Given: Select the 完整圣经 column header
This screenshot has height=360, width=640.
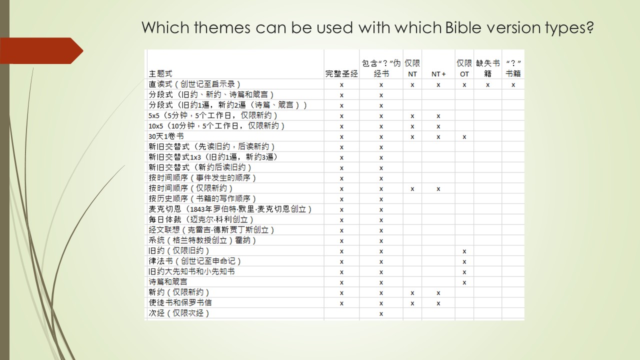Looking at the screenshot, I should (x=341, y=74).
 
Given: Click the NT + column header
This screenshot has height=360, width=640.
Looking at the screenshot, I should (x=438, y=74).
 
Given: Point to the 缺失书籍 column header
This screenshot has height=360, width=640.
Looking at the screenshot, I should (x=487, y=69).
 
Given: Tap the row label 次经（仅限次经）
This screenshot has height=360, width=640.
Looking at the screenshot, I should (x=178, y=313).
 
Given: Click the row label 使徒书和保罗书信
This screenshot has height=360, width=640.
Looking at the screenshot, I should (x=180, y=302).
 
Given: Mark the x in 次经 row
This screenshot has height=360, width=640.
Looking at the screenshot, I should (x=381, y=313).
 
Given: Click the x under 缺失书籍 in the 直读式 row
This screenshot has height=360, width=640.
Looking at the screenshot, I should (x=487, y=85).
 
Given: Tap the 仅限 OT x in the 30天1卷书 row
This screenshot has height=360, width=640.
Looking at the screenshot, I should (x=464, y=136).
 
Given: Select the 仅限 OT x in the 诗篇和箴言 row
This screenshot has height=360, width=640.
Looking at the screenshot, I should (x=464, y=282).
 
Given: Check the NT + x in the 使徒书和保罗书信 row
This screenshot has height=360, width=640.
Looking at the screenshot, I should (x=438, y=303).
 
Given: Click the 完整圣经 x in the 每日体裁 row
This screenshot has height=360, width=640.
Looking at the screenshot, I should (x=341, y=220).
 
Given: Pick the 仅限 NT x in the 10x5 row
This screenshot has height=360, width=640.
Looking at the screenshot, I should (x=412, y=126).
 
